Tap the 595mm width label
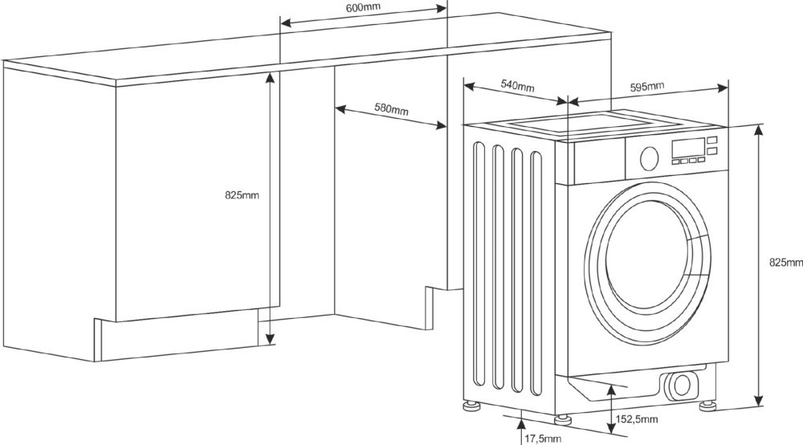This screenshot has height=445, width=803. (x=646, y=86)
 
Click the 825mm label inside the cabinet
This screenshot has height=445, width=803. (x=242, y=195)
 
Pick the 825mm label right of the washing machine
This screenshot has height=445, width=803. (x=785, y=262)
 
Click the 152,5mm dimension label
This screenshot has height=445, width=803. (x=637, y=419)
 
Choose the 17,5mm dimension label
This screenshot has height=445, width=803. (x=543, y=438)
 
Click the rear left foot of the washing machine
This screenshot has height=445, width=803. (x=469, y=401)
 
